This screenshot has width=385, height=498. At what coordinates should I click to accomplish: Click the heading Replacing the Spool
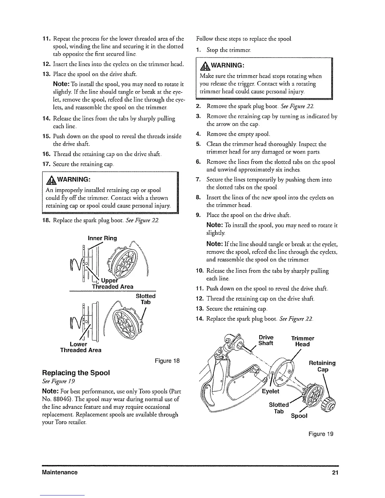pyautogui.click(x=76, y=373)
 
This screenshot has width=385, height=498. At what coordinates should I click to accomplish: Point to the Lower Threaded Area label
pyautogui.click(x=81, y=347)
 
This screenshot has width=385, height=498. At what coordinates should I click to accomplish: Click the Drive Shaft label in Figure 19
pyautogui.click(x=265, y=340)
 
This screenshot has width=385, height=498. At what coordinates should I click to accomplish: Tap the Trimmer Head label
pyautogui.click(x=302, y=341)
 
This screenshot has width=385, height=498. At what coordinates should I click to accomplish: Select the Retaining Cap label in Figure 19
pyautogui.click(x=322, y=366)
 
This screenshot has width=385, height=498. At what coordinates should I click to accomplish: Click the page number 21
pyautogui.click(x=335, y=473)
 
